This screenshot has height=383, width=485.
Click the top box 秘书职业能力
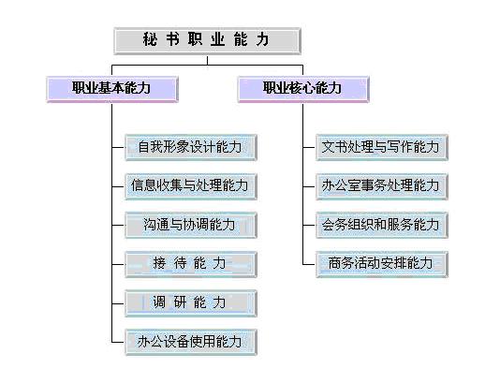click(x=207, y=41)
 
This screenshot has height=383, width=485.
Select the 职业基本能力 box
click(x=112, y=89)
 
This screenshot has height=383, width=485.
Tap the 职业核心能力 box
click(x=303, y=89)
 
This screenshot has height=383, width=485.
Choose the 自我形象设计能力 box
click(x=191, y=147)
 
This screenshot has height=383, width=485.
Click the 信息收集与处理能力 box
click(x=191, y=186)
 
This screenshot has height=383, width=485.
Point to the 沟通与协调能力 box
click(x=191, y=225)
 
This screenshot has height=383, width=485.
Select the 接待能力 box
click(x=191, y=264)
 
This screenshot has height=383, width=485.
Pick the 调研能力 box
click(x=191, y=303)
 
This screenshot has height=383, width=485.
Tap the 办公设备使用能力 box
click(x=191, y=342)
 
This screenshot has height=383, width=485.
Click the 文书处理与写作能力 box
click(x=382, y=147)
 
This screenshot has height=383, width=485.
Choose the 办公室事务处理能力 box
click(x=382, y=186)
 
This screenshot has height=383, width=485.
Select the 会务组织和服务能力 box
click(x=382, y=225)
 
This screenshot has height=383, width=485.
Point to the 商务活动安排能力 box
click(x=382, y=264)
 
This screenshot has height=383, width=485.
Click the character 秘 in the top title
click(x=150, y=39)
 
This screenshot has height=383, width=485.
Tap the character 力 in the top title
click(x=262, y=39)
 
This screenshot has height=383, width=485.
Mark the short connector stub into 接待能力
click(x=118, y=264)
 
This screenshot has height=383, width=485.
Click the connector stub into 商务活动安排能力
click(x=309, y=264)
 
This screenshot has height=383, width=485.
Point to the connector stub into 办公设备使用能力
click(x=118, y=342)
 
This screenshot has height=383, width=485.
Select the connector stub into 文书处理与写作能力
click(x=309, y=147)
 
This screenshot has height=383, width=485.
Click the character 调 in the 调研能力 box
click(x=159, y=302)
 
